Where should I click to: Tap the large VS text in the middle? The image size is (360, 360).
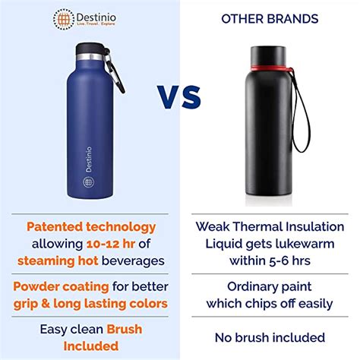tap(179, 97)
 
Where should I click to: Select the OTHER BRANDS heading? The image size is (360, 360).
tap(270, 18)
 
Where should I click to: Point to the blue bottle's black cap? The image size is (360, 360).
tap(92, 50)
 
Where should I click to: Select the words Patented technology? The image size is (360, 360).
tap(91, 226)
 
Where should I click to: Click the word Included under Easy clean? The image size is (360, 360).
tap(90, 346)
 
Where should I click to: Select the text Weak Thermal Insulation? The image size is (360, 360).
tap(270, 226)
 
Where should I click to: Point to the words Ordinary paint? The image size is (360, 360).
tap(270, 286)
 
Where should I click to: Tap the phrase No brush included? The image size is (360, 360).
tap(270, 337)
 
